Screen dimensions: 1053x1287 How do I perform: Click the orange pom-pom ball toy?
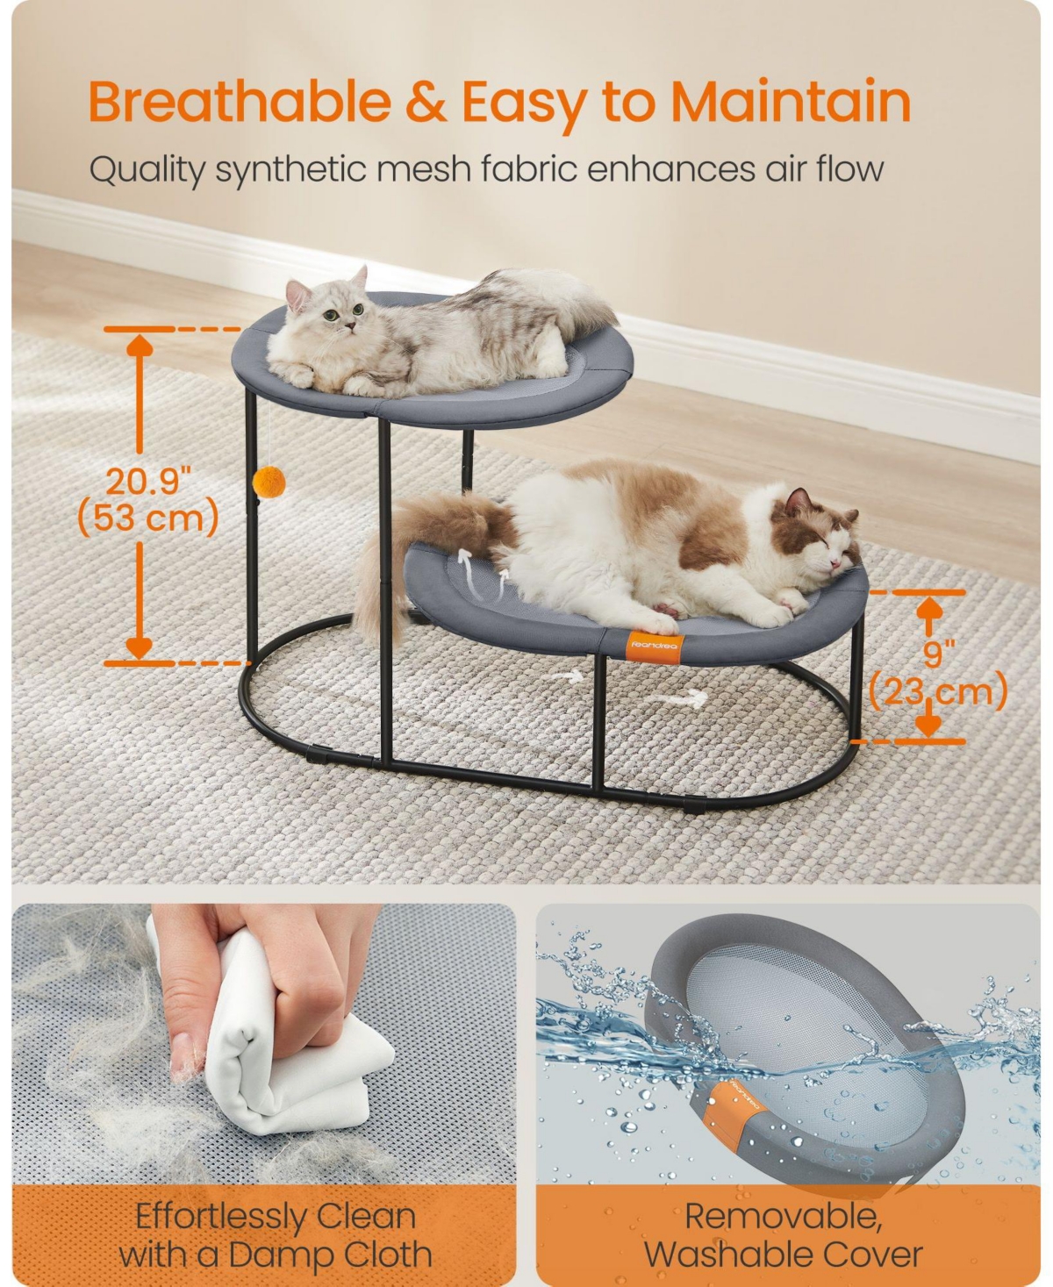pyautogui.click(x=269, y=483)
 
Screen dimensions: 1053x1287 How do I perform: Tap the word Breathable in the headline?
pyautogui.click(x=240, y=102)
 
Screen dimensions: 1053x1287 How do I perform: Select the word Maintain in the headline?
pyautogui.click(x=792, y=101)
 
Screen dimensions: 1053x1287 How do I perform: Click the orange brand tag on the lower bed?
pyautogui.click(x=655, y=647)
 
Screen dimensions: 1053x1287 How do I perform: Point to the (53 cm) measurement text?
pyautogui.click(x=148, y=518)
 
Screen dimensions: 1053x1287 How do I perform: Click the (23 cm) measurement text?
pyautogui.click(x=938, y=691)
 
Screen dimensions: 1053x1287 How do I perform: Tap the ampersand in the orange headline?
pyautogui.click(x=426, y=102)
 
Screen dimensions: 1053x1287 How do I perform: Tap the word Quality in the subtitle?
pyautogui.click(x=147, y=170)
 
